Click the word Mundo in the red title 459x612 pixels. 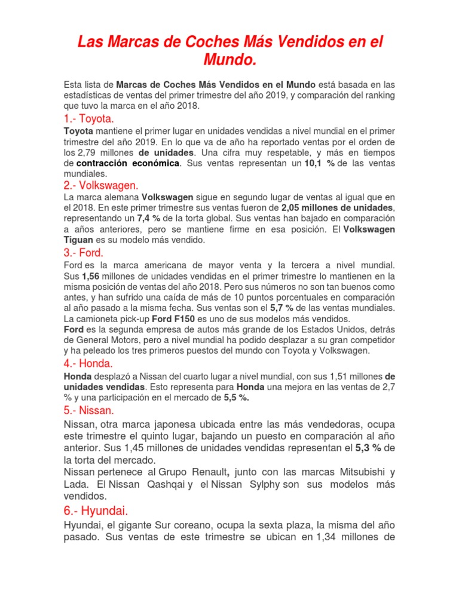(229, 61)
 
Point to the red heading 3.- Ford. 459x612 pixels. (83, 252)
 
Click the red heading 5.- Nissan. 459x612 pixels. (88, 411)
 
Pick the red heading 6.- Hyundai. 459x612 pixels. (96, 510)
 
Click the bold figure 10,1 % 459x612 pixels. (319, 163)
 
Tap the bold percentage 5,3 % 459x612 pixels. (369, 449)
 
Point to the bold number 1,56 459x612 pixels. (90, 276)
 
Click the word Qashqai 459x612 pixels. (166, 484)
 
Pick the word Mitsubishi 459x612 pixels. (352, 472)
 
